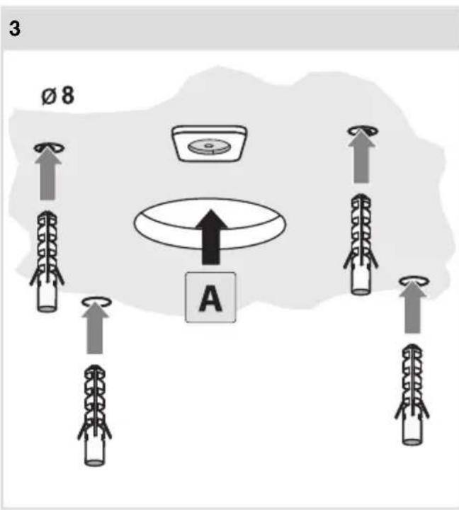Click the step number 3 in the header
[x=15, y=28]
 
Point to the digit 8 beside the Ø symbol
[x=68, y=96]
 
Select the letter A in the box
[x=210, y=298]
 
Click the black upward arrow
[x=212, y=237]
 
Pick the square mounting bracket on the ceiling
[x=209, y=143]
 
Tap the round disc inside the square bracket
[x=208, y=146]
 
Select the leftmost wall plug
[x=47, y=261]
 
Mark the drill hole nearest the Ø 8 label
[x=49, y=147]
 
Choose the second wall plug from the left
[x=95, y=415]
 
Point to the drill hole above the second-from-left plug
[x=96, y=302]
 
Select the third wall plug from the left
[x=361, y=244]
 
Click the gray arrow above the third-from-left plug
[x=361, y=157]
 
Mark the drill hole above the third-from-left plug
[x=363, y=131]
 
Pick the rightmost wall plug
[x=412, y=395]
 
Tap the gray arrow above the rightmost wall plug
[x=413, y=307]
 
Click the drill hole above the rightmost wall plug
[x=414, y=281]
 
